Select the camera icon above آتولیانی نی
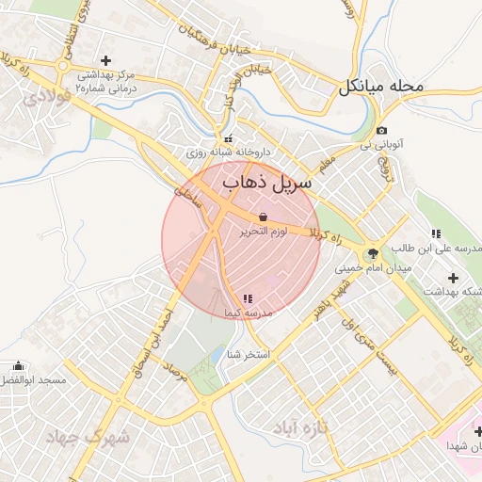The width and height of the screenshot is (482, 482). tap(380, 131)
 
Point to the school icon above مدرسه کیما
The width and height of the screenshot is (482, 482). tap(248, 297)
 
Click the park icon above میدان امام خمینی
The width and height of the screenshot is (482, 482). tap(373, 253)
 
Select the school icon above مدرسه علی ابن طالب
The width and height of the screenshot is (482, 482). tap(434, 233)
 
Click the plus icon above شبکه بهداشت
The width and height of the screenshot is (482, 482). tap(454, 278)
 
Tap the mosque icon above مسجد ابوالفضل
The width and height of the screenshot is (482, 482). tap(19, 365)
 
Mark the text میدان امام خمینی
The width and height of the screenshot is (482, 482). tap(374, 268)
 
